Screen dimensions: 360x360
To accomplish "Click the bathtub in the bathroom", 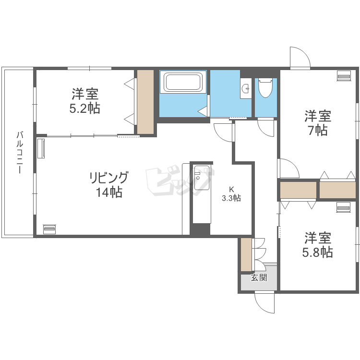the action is (183, 82).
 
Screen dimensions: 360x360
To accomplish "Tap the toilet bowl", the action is (265, 88).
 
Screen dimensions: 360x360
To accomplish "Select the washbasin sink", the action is (246, 88).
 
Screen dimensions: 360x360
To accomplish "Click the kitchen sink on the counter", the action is (202, 178).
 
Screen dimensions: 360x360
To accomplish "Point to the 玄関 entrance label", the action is (259, 277).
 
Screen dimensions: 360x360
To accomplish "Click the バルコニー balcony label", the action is (20, 152).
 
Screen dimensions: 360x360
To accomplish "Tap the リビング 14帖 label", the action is (109, 185).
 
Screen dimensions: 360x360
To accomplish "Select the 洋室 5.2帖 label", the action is (85, 101).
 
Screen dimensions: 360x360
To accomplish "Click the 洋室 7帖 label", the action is (318, 123).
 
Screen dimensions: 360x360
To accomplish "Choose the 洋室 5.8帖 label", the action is (318, 245).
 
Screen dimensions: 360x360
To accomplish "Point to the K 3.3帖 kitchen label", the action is (231, 194).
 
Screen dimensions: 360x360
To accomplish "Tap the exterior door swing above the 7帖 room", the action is (300, 58).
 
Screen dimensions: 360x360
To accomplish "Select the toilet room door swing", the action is (265, 128).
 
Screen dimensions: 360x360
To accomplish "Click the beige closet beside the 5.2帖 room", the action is (145, 102).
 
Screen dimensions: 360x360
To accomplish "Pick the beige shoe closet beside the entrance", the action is (246, 254).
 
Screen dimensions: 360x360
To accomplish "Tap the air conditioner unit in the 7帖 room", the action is (344, 76).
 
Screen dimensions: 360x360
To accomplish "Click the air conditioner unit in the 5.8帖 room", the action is (344, 207).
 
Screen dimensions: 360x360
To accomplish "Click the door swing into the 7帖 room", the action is (288, 168).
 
